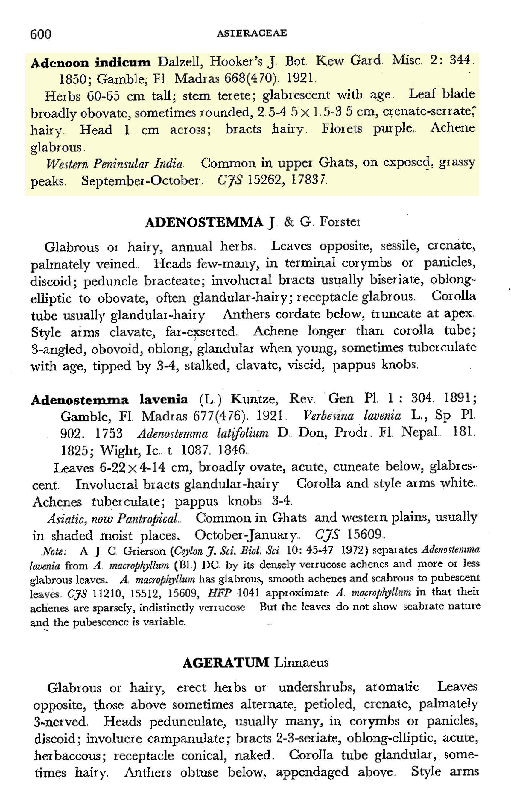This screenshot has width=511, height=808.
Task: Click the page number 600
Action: (41, 34)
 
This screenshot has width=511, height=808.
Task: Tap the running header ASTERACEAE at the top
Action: (252, 33)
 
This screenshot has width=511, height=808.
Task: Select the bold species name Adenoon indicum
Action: (91, 63)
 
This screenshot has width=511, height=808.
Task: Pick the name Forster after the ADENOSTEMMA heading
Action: (340, 222)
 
